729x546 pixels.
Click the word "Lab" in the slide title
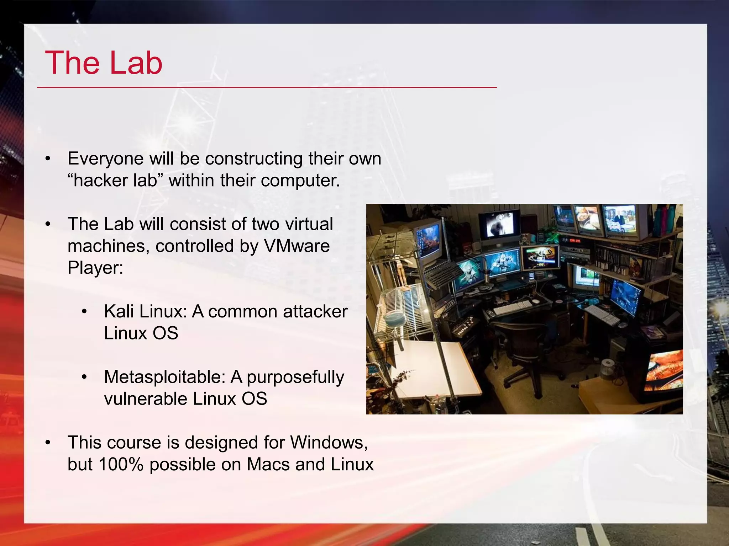[136, 63]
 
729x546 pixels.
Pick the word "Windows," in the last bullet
[329, 443]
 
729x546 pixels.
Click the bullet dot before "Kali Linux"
[84, 312]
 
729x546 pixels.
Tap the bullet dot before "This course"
[48, 443]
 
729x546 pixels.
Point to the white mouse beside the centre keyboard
[536, 301]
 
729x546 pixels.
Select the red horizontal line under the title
[267, 87]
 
